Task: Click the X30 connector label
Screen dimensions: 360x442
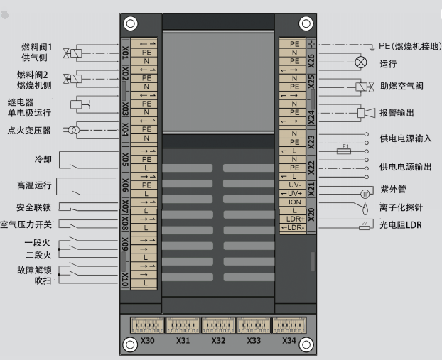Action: pyautogui.click(x=148, y=340)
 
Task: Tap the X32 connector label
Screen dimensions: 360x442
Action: pyautogui.click(x=219, y=340)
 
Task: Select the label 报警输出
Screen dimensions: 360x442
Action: pyautogui.click(x=397, y=113)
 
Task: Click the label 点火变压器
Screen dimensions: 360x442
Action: pyautogui.click(x=29, y=131)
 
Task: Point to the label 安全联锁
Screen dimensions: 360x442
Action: pyautogui.click(x=33, y=208)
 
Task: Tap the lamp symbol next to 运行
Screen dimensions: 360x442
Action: pyautogui.click(x=361, y=62)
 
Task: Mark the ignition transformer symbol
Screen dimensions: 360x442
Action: pyautogui.click(x=71, y=130)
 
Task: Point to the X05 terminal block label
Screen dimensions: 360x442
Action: pyautogui.click(x=125, y=160)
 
